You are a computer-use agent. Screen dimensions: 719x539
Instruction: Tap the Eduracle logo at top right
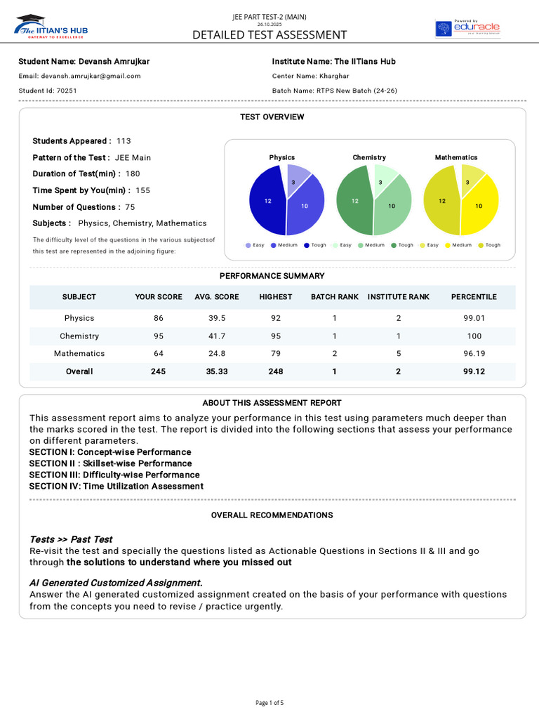[467, 29]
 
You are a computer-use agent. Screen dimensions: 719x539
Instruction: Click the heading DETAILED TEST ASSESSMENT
[269, 35]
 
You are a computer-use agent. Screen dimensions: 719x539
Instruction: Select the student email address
[79, 76]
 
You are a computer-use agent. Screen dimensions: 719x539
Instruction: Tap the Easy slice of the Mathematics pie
[471, 176]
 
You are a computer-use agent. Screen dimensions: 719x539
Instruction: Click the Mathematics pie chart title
[455, 157]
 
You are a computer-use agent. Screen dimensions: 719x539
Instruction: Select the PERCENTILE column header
[474, 297]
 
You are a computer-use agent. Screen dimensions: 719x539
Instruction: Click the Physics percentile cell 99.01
[474, 318]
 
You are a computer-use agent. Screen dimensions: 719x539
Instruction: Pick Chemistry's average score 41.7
[217, 336]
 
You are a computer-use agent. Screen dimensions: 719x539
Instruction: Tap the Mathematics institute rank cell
[398, 354]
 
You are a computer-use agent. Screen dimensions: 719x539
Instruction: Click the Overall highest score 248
[276, 371]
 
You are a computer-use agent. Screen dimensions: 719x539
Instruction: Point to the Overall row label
[79, 371]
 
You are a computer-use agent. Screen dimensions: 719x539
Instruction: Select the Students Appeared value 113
[124, 141]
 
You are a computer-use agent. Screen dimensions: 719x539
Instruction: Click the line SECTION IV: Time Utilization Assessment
[116, 486]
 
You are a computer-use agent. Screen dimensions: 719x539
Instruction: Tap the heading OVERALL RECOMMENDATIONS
[272, 515]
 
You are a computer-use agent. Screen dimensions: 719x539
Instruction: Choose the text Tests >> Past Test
[71, 539]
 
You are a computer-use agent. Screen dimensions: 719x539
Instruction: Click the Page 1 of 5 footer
[269, 703]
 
